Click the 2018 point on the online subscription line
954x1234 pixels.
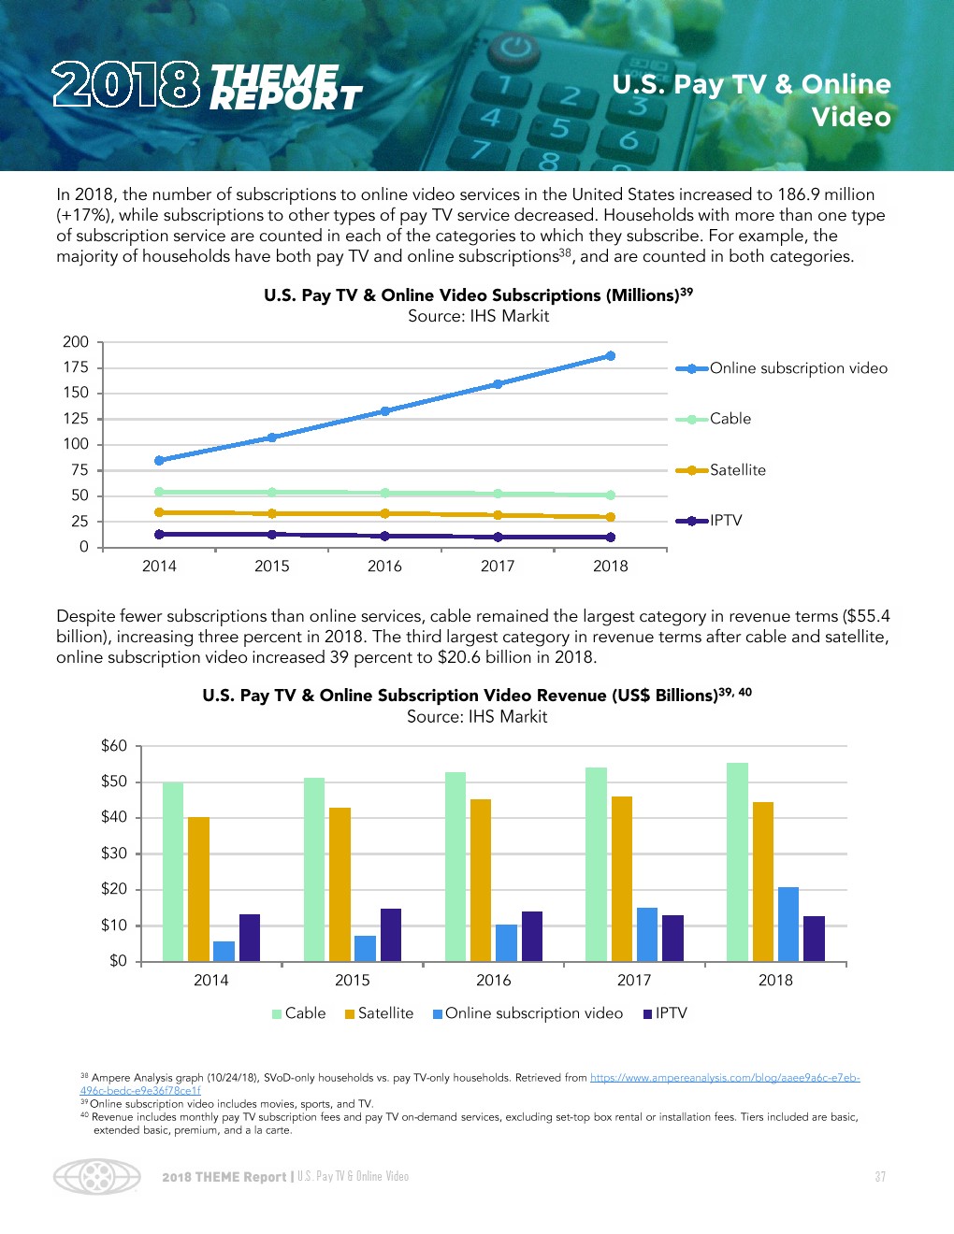[x=611, y=356]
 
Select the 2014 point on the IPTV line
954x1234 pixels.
[x=159, y=535]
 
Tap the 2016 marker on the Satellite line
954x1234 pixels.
[x=384, y=513]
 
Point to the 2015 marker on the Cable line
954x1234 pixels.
[x=272, y=492]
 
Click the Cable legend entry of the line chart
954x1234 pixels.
[x=730, y=419]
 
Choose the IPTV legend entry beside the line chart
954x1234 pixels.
[x=725, y=521]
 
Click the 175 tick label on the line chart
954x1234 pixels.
[x=76, y=367]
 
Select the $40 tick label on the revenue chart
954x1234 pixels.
[x=114, y=817]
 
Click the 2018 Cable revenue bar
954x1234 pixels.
[x=737, y=862]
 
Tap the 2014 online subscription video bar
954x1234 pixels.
[x=224, y=951]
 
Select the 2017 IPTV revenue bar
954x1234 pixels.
[x=672, y=938]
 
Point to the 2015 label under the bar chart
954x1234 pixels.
[x=352, y=980]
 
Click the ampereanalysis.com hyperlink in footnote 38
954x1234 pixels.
[x=724, y=1078]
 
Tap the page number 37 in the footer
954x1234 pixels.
[x=880, y=1177]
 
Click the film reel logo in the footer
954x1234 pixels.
[x=96, y=1177]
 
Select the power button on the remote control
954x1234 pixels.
[x=514, y=47]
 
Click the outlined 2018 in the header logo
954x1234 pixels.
[x=125, y=85]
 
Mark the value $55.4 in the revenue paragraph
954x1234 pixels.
[x=866, y=616]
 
